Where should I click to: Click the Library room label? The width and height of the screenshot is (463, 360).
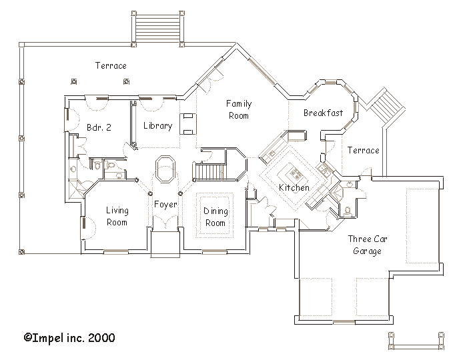[x=157, y=126]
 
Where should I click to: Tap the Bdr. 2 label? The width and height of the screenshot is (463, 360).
[x=99, y=127]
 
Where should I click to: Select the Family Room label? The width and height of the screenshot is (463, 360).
[x=239, y=109]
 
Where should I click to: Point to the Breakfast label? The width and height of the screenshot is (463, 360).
[x=324, y=113]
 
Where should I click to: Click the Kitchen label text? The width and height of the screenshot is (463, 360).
[x=294, y=187]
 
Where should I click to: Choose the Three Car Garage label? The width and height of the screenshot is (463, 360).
[x=368, y=245]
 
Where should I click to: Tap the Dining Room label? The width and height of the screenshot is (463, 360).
[x=215, y=217]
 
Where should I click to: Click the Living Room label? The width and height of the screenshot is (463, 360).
[x=117, y=216]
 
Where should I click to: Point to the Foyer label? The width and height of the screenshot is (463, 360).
[x=165, y=204]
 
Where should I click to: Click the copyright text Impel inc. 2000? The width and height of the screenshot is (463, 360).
[x=69, y=337]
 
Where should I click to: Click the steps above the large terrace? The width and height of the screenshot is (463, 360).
[x=157, y=29]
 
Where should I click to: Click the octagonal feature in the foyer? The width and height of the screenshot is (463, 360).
[x=165, y=170]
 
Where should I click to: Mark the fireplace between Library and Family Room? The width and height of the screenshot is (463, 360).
[x=188, y=124]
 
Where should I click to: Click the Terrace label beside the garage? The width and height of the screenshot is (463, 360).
[x=363, y=151]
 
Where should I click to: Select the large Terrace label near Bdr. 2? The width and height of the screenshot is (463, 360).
[x=111, y=65]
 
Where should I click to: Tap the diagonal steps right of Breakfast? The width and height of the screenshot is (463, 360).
[x=385, y=105]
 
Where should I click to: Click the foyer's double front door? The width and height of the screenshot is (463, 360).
[x=165, y=223]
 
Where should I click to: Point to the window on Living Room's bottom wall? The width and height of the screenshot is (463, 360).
[x=116, y=252]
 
